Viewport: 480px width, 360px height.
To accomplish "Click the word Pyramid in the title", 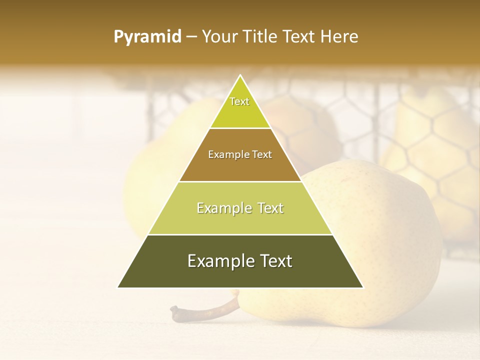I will click(x=147, y=37).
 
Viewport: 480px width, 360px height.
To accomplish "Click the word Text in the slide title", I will click(x=299, y=36).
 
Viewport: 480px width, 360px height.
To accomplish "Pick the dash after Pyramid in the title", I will click(x=191, y=37).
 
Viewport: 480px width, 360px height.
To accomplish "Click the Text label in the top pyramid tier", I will click(x=239, y=101).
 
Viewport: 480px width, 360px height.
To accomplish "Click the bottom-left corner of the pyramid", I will click(x=118, y=287).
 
